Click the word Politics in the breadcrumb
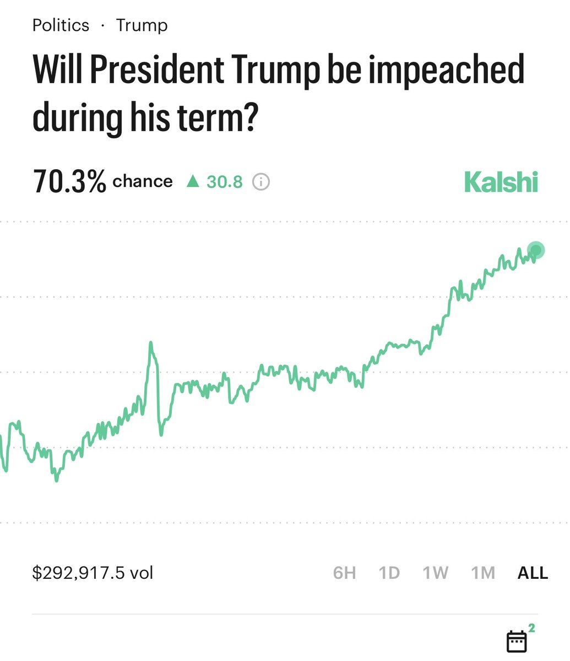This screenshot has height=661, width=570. pos(61,25)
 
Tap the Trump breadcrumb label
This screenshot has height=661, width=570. pos(142,25)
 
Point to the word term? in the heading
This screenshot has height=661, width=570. pos(226,117)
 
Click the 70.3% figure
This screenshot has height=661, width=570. pos(69,182)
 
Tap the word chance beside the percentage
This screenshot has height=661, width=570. pos(143,181)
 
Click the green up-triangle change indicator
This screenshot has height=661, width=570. pos(192,181)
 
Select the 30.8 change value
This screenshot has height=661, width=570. pos(224,181)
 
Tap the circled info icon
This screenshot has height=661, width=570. pos(261,181)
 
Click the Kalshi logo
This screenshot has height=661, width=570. pos(501,182)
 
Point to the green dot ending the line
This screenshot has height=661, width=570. pos(535,250)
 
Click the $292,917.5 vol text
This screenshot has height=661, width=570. pos(93,573)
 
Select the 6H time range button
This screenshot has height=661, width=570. pos(344,573)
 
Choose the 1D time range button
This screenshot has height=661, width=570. pos(389,573)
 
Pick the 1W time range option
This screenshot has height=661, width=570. pos(435,573)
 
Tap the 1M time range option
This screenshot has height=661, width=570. pos(483,573)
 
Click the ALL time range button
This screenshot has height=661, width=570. pos(533,573)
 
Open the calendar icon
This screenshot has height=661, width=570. pos(516,641)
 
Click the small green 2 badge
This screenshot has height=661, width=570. pos(531,627)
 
